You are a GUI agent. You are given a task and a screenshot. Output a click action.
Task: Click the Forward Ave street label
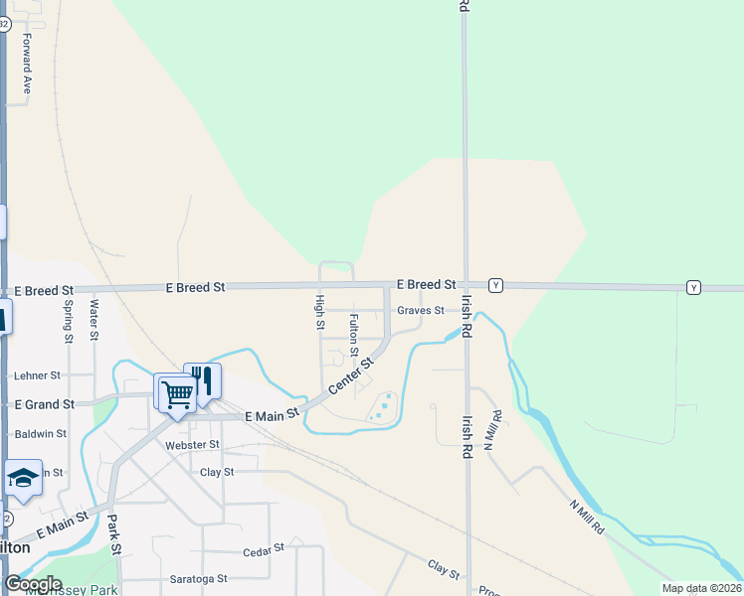28,64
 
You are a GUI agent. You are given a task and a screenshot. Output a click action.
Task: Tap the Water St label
94,320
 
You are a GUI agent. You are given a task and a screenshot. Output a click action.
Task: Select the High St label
320,312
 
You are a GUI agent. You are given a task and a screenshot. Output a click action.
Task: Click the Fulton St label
353,335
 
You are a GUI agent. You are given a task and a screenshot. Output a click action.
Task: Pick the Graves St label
420,310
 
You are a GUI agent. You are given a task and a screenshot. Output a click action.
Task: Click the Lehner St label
38,376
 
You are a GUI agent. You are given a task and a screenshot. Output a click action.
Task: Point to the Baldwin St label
41,433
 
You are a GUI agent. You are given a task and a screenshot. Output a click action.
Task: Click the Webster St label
192,445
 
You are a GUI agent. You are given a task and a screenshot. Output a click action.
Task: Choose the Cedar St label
264,547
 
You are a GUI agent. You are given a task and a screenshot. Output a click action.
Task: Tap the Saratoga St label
195,578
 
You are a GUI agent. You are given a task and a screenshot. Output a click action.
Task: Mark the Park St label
115,534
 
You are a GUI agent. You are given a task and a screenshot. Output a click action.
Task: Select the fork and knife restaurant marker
203,380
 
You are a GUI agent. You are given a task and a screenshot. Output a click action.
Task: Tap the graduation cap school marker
22,479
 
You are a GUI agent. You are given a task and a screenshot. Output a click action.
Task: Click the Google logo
33,584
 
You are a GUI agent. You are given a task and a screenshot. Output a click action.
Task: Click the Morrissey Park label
80,590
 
